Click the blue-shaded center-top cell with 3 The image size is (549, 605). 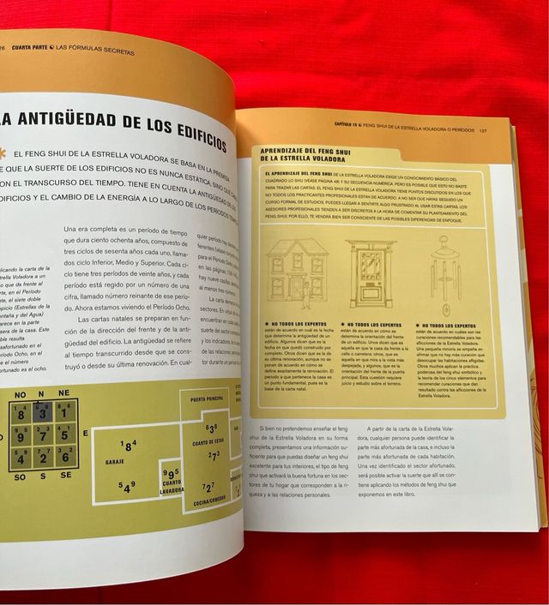tap(41, 412)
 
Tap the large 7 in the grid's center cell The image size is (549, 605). tap(41, 434)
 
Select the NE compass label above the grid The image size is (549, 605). tap(64, 392)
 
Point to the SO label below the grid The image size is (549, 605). tap(19, 476)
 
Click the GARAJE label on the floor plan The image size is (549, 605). tap(115, 462)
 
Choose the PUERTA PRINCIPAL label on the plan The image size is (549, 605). tap(207, 400)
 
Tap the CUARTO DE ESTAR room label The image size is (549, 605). tap(208, 441)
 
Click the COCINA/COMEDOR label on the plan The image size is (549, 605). tap(209, 498)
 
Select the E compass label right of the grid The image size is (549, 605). tap(85, 434)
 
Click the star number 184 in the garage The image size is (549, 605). tap(129, 446)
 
